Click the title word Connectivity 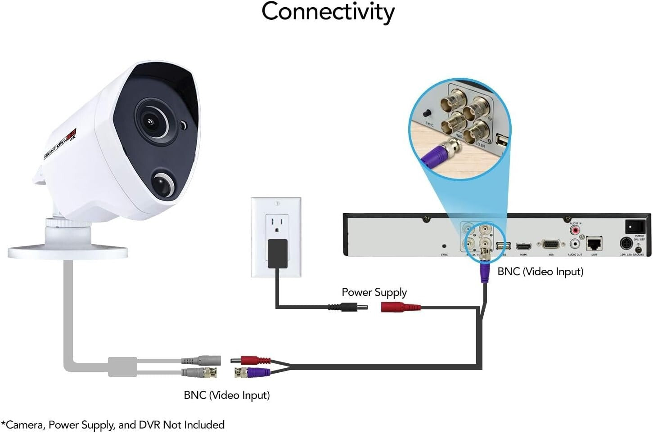point(328,12)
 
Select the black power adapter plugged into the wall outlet point(277,254)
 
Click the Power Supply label point(374,292)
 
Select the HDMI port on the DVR point(523,246)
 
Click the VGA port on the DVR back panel point(551,245)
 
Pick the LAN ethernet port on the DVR point(594,244)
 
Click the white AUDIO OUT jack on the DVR point(575,245)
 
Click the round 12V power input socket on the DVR point(625,244)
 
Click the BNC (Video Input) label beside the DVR point(540,272)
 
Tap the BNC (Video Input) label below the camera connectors point(227,395)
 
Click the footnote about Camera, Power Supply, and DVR point(113,425)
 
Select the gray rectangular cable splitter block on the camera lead point(122,366)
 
